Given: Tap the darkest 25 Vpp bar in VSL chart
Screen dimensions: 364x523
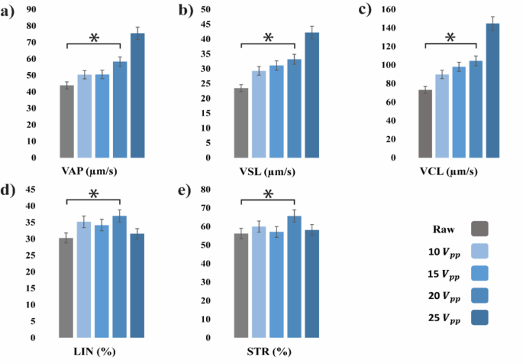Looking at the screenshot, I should pyautogui.click(x=312, y=95).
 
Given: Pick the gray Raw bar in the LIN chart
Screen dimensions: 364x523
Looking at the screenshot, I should pyautogui.click(x=66, y=288).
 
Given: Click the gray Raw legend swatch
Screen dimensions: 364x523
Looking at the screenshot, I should pyautogui.click(x=480, y=228).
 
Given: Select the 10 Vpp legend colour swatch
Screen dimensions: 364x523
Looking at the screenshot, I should pyautogui.click(x=480, y=251).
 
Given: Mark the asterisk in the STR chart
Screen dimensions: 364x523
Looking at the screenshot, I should pyautogui.click(x=268, y=195).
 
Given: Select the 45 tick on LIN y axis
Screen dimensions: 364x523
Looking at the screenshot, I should pyautogui.click(x=32, y=190).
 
